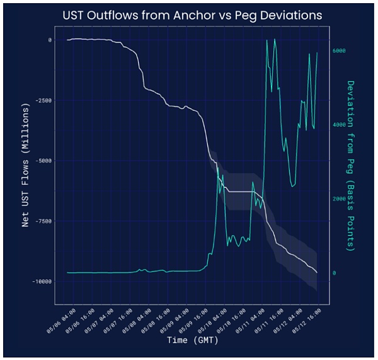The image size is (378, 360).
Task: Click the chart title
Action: pos(192,15)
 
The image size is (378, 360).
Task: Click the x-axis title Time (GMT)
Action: pos(192,340)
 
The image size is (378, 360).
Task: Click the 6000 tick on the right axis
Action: pos(338,50)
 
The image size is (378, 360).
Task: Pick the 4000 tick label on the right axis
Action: pos(338,125)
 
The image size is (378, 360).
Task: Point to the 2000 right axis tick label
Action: pos(338,199)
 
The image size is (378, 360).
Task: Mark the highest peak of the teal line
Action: pos(267,40)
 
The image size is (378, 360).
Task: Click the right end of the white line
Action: pos(317,273)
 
